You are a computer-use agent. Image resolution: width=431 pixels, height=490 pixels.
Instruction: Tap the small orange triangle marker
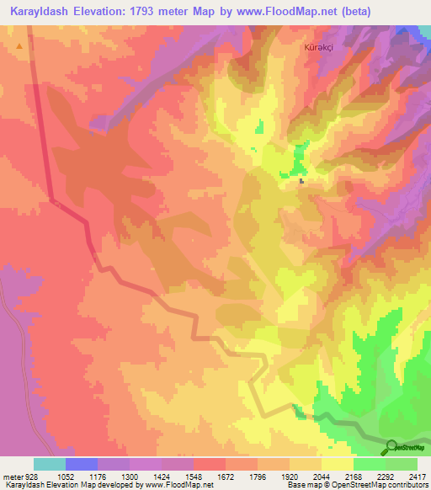coord(19,46)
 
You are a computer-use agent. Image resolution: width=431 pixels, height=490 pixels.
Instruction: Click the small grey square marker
coord(301,179)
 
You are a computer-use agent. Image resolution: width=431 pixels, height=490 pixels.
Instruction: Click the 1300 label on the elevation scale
coord(129,476)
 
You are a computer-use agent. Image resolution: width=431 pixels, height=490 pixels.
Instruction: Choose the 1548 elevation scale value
coord(193,476)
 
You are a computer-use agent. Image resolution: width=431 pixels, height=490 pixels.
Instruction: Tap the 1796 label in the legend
coord(258,476)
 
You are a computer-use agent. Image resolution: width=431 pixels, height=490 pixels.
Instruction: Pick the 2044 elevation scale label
coord(322,476)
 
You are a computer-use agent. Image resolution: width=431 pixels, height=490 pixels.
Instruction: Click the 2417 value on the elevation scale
coord(418,476)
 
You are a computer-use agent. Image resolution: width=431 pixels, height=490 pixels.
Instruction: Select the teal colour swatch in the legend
coord(49,464)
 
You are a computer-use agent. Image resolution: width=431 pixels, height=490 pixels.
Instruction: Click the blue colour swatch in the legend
coord(81,464)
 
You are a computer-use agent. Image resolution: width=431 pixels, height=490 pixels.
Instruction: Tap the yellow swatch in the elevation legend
coord(338,464)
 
